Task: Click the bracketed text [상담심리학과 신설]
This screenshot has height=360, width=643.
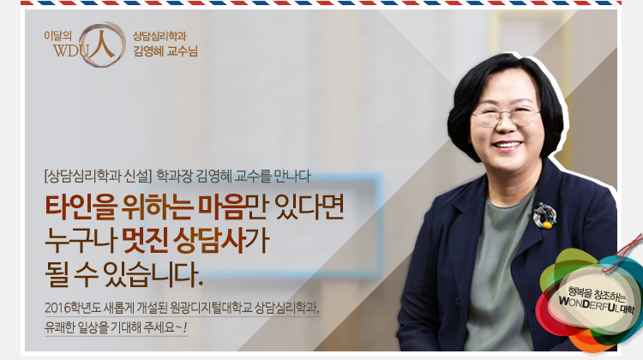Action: pyautogui.click(x=97, y=178)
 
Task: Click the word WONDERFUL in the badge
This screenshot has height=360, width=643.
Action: pyautogui.click(x=584, y=303)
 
